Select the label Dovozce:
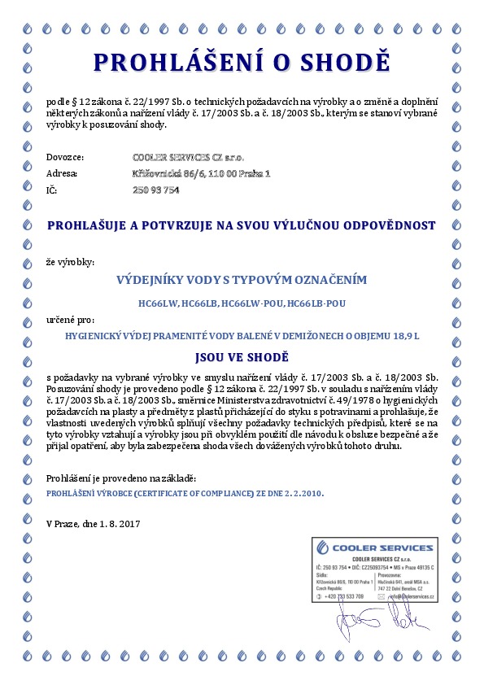pos(66,155)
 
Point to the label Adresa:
pos(63,172)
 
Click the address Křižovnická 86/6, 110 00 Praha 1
pos(201,172)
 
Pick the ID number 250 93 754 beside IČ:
pos(155,190)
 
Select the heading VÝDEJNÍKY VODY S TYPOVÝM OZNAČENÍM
pos(242,280)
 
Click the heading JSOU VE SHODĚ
pos(242,356)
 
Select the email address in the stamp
pos(409,596)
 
